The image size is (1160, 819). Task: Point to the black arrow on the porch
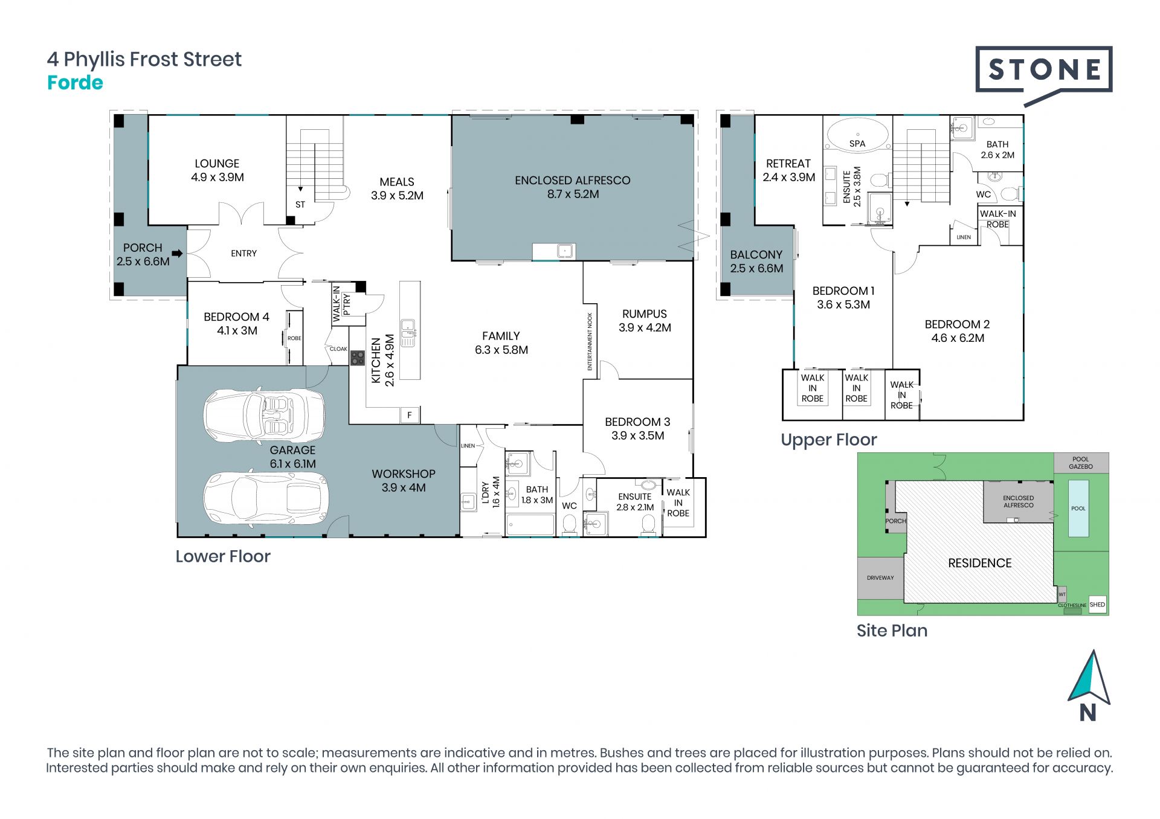click(x=177, y=254)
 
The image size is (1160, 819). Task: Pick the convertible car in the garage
click(x=264, y=414)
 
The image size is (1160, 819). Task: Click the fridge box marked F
click(x=410, y=415)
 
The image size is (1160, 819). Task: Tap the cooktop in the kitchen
click(x=357, y=358)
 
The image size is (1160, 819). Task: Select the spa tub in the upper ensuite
click(x=857, y=133)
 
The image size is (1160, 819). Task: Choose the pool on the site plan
click(x=1078, y=509)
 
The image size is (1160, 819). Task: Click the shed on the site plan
click(x=1098, y=605)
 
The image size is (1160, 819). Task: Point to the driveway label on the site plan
click(x=880, y=578)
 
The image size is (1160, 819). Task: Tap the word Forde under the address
click(x=75, y=83)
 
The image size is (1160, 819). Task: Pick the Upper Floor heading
click(x=829, y=440)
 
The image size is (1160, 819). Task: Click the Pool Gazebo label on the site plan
click(x=1081, y=463)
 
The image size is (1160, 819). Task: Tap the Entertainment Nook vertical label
click(x=590, y=341)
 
